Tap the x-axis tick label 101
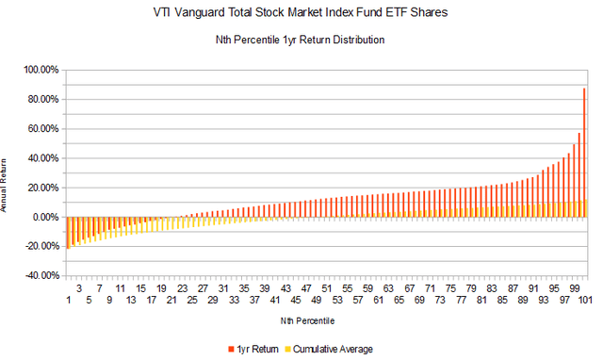click(x=584, y=301)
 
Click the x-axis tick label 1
click(x=69, y=301)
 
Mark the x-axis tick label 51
click(x=326, y=301)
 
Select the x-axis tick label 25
click(x=192, y=301)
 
